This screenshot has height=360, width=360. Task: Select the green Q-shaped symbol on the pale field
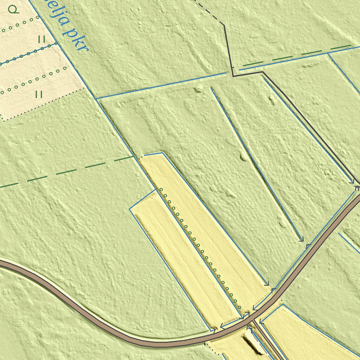click(x=14, y=10)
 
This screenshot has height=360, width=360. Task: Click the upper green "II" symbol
click(x=41, y=39)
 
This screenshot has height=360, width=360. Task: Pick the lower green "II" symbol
click(x=39, y=94)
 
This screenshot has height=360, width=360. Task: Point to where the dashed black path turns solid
click(x=224, y=25)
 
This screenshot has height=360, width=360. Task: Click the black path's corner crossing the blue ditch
click(x=232, y=74)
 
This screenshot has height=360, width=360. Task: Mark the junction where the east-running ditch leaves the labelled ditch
click(x=96, y=99)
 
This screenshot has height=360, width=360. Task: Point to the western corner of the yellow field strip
click(x=130, y=209)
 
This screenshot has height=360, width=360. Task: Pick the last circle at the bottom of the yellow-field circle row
click(x=240, y=308)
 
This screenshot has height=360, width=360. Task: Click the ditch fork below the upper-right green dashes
click(x=328, y=54)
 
